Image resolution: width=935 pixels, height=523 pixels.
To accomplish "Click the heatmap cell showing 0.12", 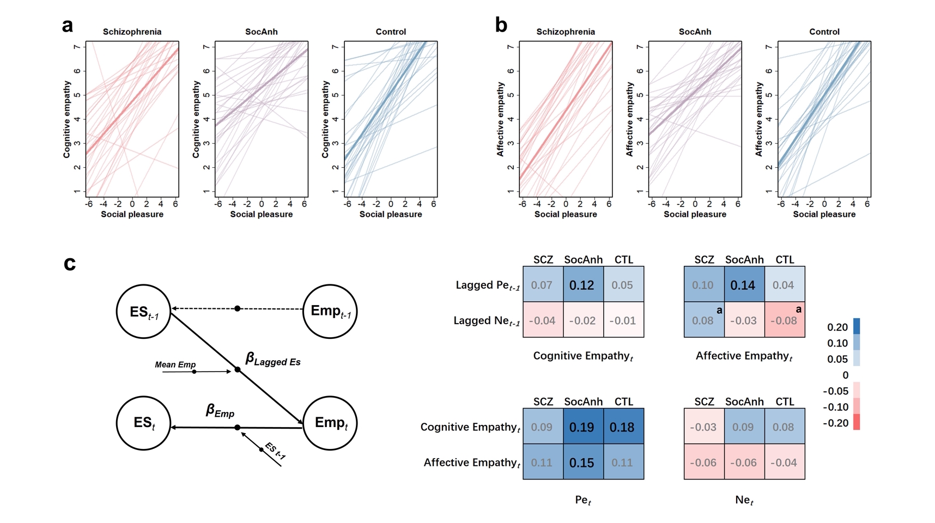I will (x=582, y=285).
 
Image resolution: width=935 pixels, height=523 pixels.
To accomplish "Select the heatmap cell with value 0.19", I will (x=582, y=427).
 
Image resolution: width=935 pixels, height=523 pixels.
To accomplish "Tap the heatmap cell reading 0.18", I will (x=623, y=427).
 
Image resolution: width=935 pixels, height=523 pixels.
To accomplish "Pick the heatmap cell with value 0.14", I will (x=743, y=285).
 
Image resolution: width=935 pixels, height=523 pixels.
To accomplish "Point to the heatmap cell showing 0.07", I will (x=542, y=285).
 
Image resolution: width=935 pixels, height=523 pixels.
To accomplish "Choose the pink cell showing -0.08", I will (x=784, y=320).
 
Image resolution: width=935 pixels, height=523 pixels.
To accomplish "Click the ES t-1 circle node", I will (x=144, y=312).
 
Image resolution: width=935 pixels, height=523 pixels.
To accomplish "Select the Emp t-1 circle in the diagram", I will (x=330, y=312).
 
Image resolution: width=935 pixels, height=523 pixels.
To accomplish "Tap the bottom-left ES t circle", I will (x=144, y=423).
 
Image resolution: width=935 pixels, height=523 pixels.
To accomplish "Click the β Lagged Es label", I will (x=272, y=360).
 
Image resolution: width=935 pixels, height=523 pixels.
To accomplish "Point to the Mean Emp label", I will (x=175, y=364).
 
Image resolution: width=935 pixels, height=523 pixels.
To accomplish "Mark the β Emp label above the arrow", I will (x=220, y=411).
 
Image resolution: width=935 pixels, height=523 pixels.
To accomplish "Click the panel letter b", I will (x=501, y=25).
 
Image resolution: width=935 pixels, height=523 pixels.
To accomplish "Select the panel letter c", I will (x=69, y=264).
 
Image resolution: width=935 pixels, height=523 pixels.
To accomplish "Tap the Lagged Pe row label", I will (x=487, y=285).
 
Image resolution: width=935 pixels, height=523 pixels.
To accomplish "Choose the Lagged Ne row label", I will (x=486, y=321).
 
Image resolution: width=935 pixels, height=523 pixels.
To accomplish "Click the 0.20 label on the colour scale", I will (x=837, y=327).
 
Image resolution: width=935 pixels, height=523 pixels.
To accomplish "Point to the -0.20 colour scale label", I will (x=836, y=423).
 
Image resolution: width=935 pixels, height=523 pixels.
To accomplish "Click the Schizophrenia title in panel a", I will (x=132, y=32).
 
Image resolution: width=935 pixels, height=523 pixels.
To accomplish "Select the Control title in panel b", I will (x=824, y=32).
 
